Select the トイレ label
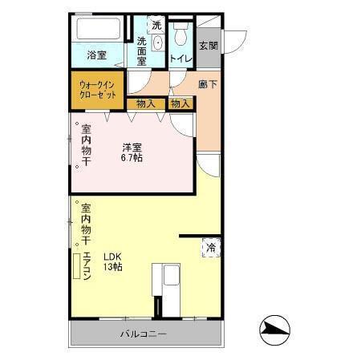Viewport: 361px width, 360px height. (x=180, y=58)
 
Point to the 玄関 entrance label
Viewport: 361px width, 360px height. (x=208, y=46)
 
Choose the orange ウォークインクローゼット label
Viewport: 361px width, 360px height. (x=98, y=88)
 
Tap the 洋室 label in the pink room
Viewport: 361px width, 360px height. (x=132, y=147)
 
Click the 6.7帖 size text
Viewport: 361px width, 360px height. (x=132, y=158)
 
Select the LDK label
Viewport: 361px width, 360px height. (x=112, y=257)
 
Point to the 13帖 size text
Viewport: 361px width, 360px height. (x=112, y=268)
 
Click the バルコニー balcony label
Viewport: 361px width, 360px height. (x=144, y=334)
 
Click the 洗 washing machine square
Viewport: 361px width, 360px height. (x=156, y=25)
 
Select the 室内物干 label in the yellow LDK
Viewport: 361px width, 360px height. (x=86, y=224)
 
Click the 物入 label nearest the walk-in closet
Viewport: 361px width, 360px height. (x=145, y=103)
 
